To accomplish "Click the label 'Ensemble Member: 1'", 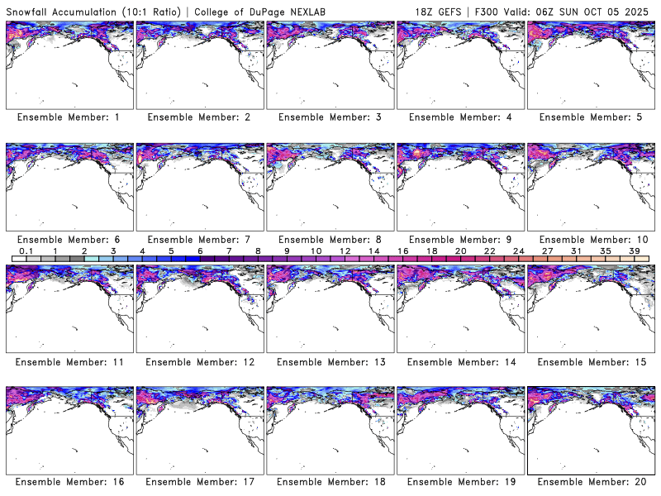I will [68, 117].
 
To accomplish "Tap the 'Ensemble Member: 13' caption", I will [329, 362].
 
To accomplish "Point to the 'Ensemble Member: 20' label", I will [592, 482].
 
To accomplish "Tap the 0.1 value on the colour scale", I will [26, 250].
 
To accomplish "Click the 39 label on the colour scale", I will [634, 250].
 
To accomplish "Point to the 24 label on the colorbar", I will [518, 250].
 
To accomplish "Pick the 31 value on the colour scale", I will [576, 250].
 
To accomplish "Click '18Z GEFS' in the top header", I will [439, 10].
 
